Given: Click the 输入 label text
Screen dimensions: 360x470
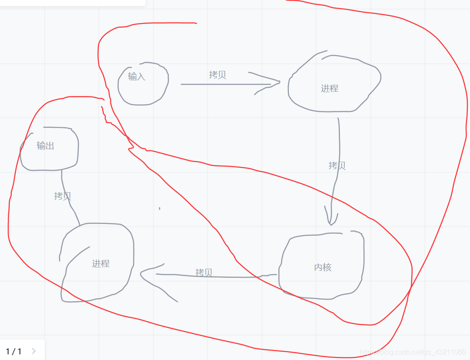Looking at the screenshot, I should (x=137, y=77).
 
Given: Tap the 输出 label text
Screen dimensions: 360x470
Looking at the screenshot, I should (x=45, y=146).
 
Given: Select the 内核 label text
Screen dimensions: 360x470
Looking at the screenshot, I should (x=323, y=267).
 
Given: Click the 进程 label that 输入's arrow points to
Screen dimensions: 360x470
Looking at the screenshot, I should (x=330, y=89).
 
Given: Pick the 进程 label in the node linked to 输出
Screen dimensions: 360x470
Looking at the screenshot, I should (x=100, y=263).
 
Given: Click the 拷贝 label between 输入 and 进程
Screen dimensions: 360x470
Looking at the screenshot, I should (x=217, y=75).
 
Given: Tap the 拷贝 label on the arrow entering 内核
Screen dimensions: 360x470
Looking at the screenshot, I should (x=337, y=166).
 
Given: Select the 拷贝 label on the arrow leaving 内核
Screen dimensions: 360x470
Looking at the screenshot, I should (x=204, y=273).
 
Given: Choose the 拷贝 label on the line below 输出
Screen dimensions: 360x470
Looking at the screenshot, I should (x=62, y=196).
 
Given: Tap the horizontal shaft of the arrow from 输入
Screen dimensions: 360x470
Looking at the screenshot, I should (x=222, y=84).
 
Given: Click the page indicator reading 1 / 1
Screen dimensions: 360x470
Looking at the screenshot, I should (x=13, y=351).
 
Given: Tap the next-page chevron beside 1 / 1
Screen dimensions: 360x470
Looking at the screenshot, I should (x=34, y=351).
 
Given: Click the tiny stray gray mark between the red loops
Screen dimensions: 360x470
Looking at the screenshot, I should (x=160, y=209).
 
